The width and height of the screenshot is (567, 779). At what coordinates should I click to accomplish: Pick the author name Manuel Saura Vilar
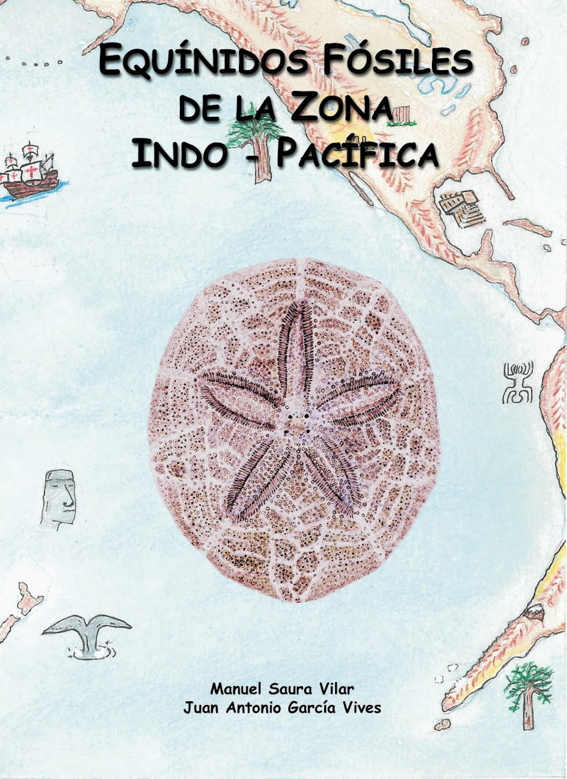(282, 687)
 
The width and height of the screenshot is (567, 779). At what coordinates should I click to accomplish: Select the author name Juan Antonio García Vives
(282, 707)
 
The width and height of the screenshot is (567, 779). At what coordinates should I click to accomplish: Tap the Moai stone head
(58, 497)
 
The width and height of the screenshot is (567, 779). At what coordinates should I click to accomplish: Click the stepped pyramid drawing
(461, 208)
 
